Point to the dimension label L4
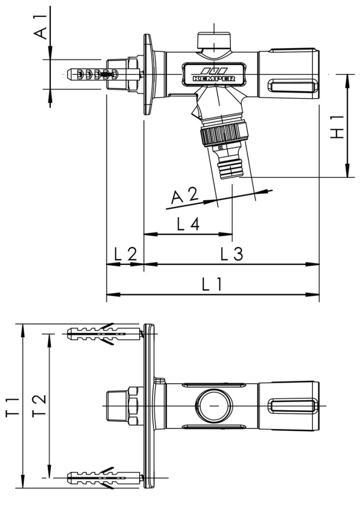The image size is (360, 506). coord(188,225)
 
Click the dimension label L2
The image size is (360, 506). coord(125,255)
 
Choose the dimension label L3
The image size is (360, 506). coord(231,255)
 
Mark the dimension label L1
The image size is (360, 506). coord(213,285)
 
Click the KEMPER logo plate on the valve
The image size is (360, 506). coord(214,74)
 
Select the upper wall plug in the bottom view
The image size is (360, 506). coord(104,334)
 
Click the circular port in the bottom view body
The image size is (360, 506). coord(213,405)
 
